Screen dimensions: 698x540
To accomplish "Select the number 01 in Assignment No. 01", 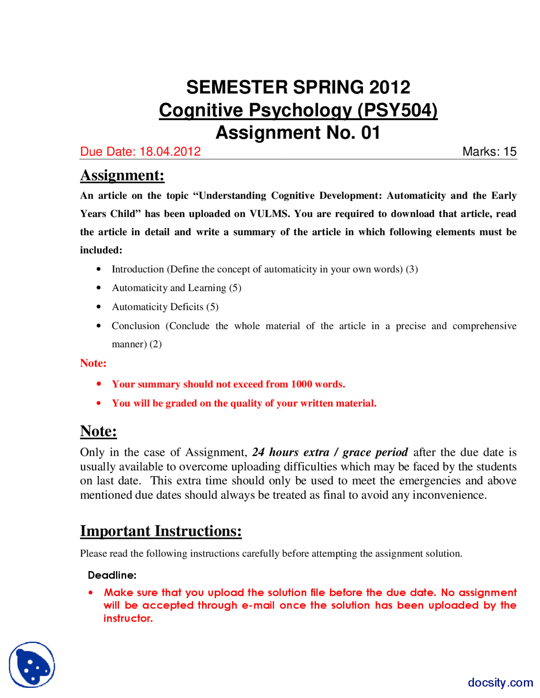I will click(370, 133).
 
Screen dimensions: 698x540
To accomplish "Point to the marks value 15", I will click(510, 152).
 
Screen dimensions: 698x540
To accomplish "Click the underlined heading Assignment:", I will click(122, 175).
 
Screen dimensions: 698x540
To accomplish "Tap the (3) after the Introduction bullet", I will click(412, 269).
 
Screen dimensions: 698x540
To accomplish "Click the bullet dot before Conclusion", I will click(99, 326).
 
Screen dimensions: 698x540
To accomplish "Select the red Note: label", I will click(93, 363).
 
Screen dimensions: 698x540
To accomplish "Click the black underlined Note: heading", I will click(98, 431).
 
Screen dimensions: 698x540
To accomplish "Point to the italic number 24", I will click(258, 452).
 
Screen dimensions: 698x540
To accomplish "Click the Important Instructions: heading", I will click(161, 531).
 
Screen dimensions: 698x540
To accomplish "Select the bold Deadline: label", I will click(112, 575).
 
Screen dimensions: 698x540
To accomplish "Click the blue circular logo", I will click(32, 665).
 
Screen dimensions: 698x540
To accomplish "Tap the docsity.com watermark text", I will click(500, 682).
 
